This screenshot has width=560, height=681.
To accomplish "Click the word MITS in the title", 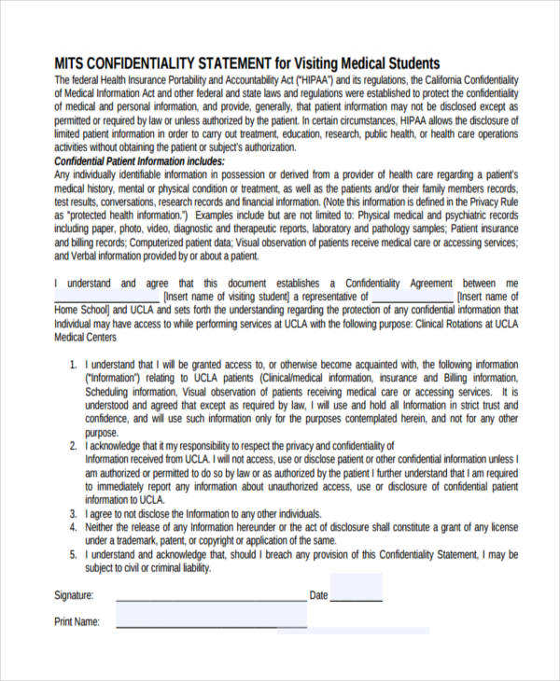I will pos(70,63).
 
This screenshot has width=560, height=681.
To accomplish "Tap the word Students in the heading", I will pos(408,63).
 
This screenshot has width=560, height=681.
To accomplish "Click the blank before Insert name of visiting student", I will pos(107,297).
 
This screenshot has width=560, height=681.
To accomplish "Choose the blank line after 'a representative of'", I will pos(413,297).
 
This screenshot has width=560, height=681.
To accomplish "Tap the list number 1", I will pos(75,366).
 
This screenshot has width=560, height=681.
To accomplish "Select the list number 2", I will pos(75,446).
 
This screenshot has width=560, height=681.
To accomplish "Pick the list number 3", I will pos(75,514).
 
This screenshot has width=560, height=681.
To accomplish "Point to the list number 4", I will pos(75,527).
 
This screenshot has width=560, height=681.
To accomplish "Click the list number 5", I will pos(75,554).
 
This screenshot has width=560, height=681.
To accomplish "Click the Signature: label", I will pos(74,595).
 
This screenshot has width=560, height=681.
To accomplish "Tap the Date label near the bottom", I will pos(318,595).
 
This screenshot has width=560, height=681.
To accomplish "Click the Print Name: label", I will pos(77,621).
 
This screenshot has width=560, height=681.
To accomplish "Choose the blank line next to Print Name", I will pos(211,626).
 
